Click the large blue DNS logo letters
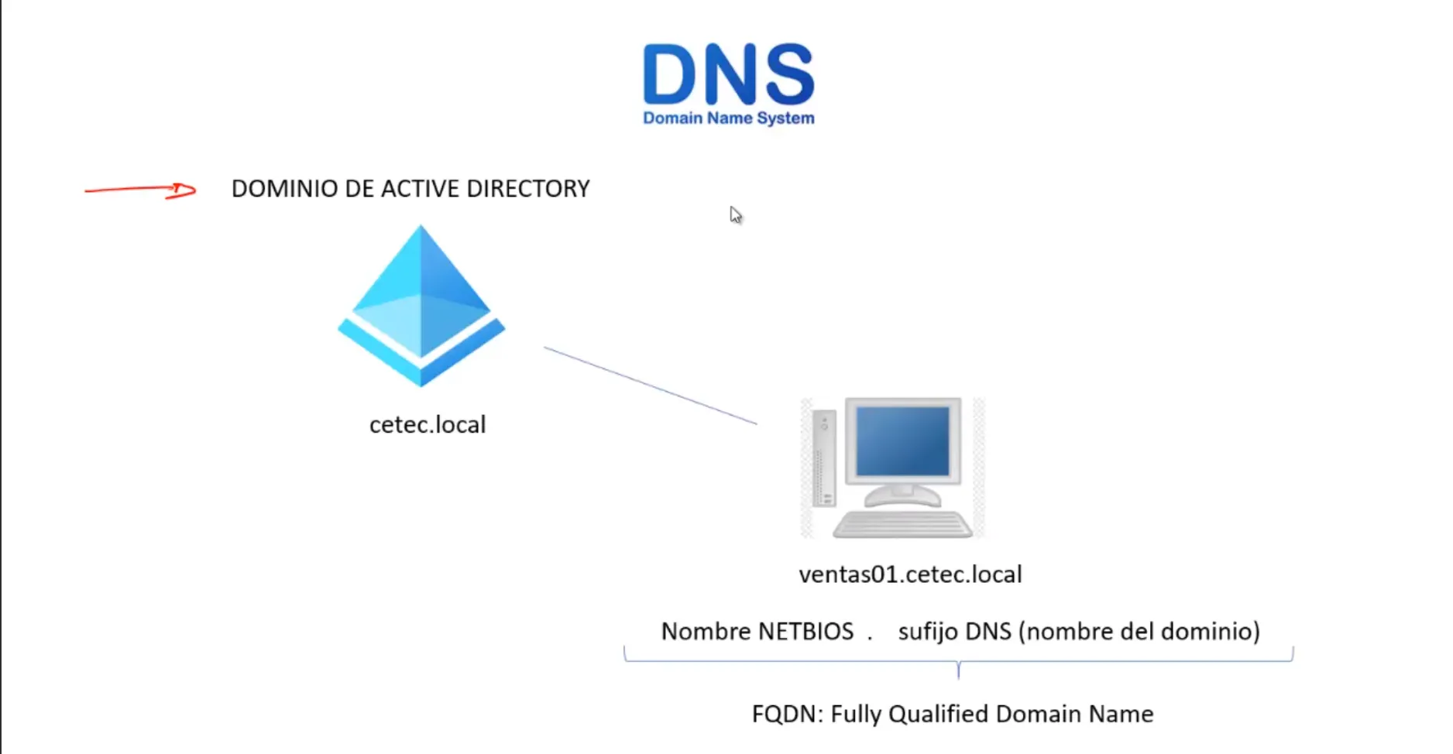coord(728,74)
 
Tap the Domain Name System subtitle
coord(728,118)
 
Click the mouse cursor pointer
coord(735,215)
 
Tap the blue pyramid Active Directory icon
coord(421,307)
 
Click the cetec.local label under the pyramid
coord(428,425)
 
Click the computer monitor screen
coord(902,442)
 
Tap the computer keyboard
coord(902,525)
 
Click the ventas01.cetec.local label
coord(910,574)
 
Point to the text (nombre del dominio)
coord(1139,632)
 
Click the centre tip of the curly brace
coord(958,673)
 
